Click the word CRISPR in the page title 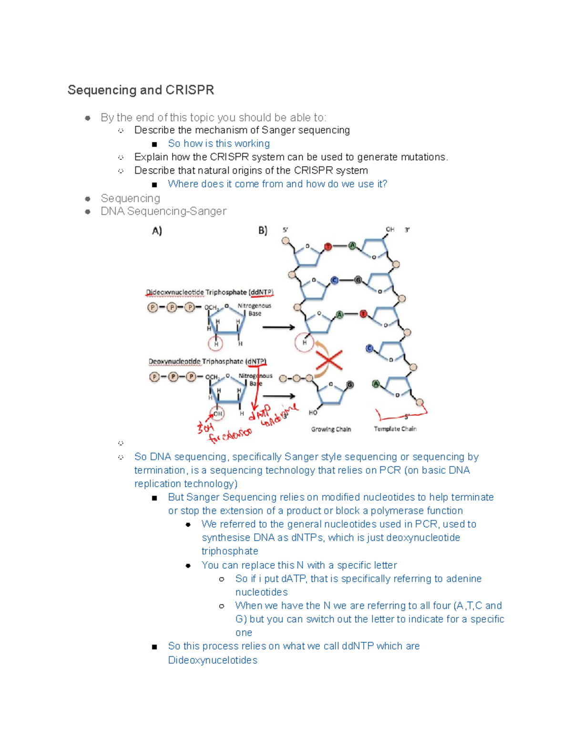click(x=189, y=90)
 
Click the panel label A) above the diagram click(x=157, y=231)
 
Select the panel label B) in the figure click(x=263, y=231)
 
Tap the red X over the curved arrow click(x=329, y=360)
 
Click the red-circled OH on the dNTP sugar click(x=217, y=414)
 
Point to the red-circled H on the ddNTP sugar click(x=216, y=344)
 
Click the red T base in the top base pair click(x=328, y=247)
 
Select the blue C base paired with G click(x=335, y=280)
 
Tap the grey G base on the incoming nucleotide click(x=350, y=385)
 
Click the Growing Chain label click(x=331, y=429)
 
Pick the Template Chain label click(x=395, y=429)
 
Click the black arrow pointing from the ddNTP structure click(x=279, y=327)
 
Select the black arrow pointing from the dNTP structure click(x=279, y=396)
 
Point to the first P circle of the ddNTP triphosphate click(x=153, y=307)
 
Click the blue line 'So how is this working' click(x=219, y=144)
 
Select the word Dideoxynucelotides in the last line click(x=213, y=660)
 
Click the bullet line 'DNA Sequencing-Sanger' click(x=163, y=211)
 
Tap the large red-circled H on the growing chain click(x=304, y=342)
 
